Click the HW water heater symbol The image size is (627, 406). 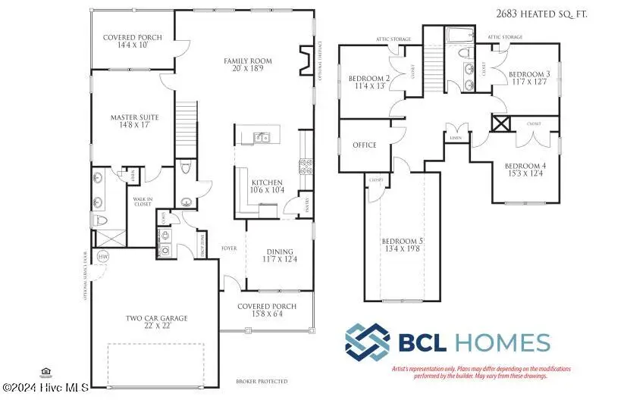[x=103, y=256]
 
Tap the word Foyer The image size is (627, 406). [x=230, y=248]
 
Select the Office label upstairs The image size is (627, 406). [x=365, y=145]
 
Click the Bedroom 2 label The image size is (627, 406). [x=368, y=82]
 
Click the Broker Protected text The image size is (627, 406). [x=262, y=381]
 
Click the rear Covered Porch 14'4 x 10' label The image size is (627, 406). [x=131, y=40]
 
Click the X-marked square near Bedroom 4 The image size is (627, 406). [x=501, y=124]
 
